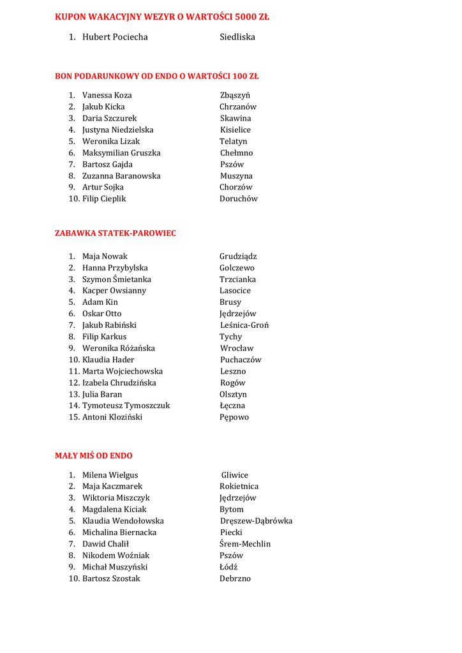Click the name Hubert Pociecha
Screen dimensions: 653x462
[115, 37]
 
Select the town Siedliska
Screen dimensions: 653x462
[237, 37]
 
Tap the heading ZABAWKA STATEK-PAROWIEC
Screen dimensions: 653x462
[115, 233]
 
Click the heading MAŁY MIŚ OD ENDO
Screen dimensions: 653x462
[94, 455]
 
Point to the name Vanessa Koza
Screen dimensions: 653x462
[107, 96]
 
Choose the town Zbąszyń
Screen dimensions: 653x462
[235, 96]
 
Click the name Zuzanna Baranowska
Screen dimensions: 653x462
[121, 176]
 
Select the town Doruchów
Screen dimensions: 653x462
[239, 199]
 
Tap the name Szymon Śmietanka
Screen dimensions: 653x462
[117, 279]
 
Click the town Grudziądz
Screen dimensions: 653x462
[238, 256]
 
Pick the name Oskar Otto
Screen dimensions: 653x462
[101, 314]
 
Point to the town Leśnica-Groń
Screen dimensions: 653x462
[244, 325]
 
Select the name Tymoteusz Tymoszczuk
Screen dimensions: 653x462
[126, 406]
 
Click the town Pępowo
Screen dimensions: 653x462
[234, 417]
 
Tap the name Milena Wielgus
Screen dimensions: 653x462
[110, 475]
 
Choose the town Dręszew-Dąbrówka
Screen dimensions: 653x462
[256, 521]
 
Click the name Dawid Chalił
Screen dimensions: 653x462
[105, 544]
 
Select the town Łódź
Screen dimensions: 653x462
[228, 567]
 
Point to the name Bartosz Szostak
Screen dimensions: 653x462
[111, 578]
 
